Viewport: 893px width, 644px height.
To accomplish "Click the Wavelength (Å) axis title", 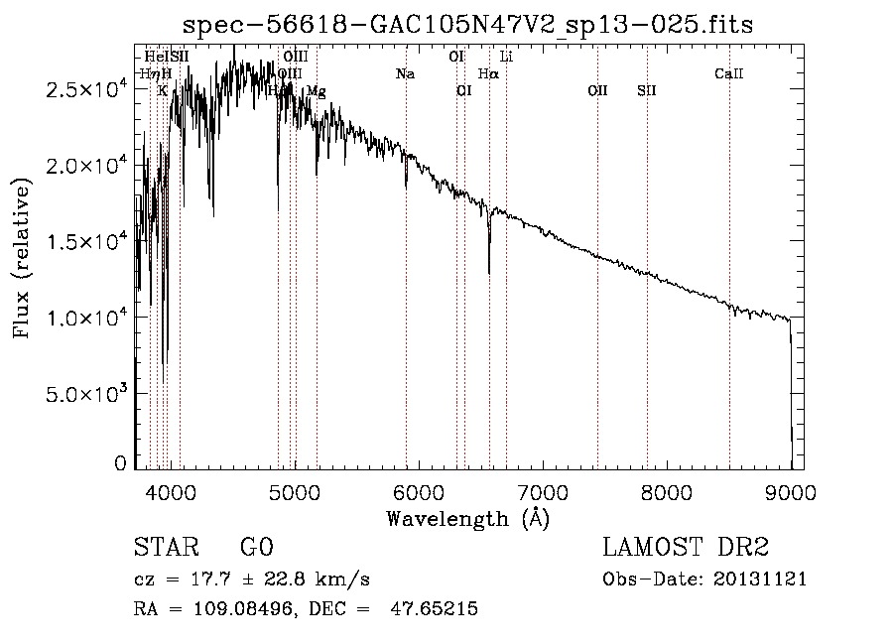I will [x=467, y=518].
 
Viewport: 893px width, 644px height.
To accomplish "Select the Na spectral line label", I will [x=405, y=74].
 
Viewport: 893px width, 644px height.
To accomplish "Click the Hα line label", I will [x=488, y=74].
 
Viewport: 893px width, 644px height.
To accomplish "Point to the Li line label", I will [x=506, y=58].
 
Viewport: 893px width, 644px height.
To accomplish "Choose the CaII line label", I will [x=729, y=74].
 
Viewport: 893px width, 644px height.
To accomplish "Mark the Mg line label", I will [x=316, y=91].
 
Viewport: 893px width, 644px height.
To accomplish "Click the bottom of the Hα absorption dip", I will [x=489, y=271].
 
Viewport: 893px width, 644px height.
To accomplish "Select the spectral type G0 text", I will [x=256, y=548].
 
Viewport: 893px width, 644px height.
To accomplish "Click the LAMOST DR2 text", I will [x=686, y=548].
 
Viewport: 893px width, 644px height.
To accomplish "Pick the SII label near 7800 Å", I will [x=647, y=91].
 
